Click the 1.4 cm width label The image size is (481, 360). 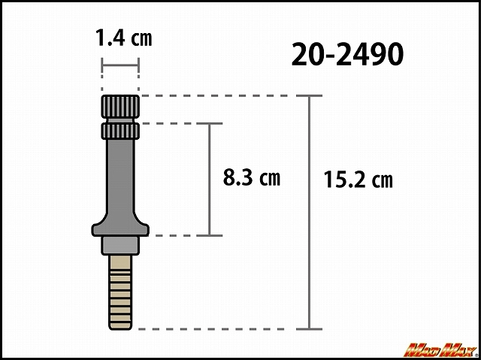tap(124, 38)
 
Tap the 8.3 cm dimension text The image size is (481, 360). tap(252, 177)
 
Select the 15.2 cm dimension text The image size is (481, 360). tap(358, 180)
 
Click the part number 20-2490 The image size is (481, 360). tap(347, 54)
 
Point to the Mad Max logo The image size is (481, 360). tap(442, 350)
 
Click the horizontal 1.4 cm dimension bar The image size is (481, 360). tap(120, 65)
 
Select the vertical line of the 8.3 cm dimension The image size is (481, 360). tap(210, 180)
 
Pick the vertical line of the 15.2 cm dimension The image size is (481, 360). tap(309, 212)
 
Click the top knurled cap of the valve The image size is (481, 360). tap(120, 107)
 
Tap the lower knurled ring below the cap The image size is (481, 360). tap(120, 132)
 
